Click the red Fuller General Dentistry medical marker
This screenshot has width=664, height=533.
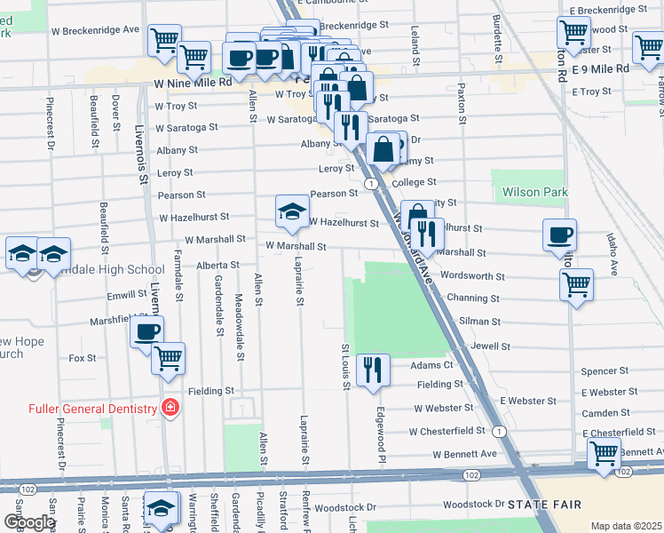click(x=170, y=408)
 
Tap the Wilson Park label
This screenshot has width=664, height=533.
click(x=534, y=191)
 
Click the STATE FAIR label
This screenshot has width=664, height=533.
click(x=545, y=505)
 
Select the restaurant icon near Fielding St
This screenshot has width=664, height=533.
click(x=372, y=370)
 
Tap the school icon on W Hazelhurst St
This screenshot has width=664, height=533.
click(x=291, y=211)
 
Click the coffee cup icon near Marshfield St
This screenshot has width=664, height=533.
click(x=146, y=332)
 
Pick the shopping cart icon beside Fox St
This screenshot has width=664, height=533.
click(x=168, y=359)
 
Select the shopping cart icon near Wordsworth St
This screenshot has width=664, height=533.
click(x=576, y=285)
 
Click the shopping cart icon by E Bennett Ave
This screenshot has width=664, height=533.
click(x=604, y=453)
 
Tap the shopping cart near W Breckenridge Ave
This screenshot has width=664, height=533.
click(x=164, y=40)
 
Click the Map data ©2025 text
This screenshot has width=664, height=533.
click(x=625, y=526)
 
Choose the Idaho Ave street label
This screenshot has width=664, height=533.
click(x=613, y=249)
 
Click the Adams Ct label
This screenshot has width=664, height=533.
click(x=431, y=365)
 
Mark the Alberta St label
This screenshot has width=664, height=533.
click(x=217, y=265)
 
